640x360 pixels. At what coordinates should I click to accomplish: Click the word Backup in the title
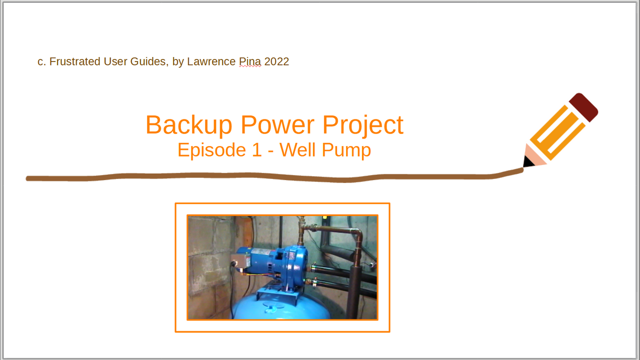pyautogui.click(x=189, y=125)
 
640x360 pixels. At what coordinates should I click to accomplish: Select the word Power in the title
pyautogui.click(x=277, y=125)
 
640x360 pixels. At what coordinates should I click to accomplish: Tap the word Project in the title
pyautogui.click(x=363, y=125)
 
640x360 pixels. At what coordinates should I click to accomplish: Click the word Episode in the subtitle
pyautogui.click(x=211, y=150)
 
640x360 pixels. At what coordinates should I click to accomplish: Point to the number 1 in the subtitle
pyautogui.click(x=257, y=149)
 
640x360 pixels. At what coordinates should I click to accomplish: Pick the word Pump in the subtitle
pyautogui.click(x=346, y=150)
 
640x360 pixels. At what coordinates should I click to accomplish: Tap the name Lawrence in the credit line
pyautogui.click(x=211, y=61)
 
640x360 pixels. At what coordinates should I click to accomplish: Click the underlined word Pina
pyautogui.click(x=250, y=61)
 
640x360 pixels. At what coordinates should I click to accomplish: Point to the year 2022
pyautogui.click(x=276, y=61)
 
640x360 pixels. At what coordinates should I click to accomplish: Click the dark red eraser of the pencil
pyautogui.click(x=583, y=107)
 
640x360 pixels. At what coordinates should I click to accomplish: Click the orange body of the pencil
pyautogui.click(x=557, y=132)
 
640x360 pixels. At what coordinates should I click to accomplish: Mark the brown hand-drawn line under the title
pyautogui.click(x=274, y=177)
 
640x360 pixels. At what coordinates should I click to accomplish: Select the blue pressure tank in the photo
pyautogui.click(x=281, y=306)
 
